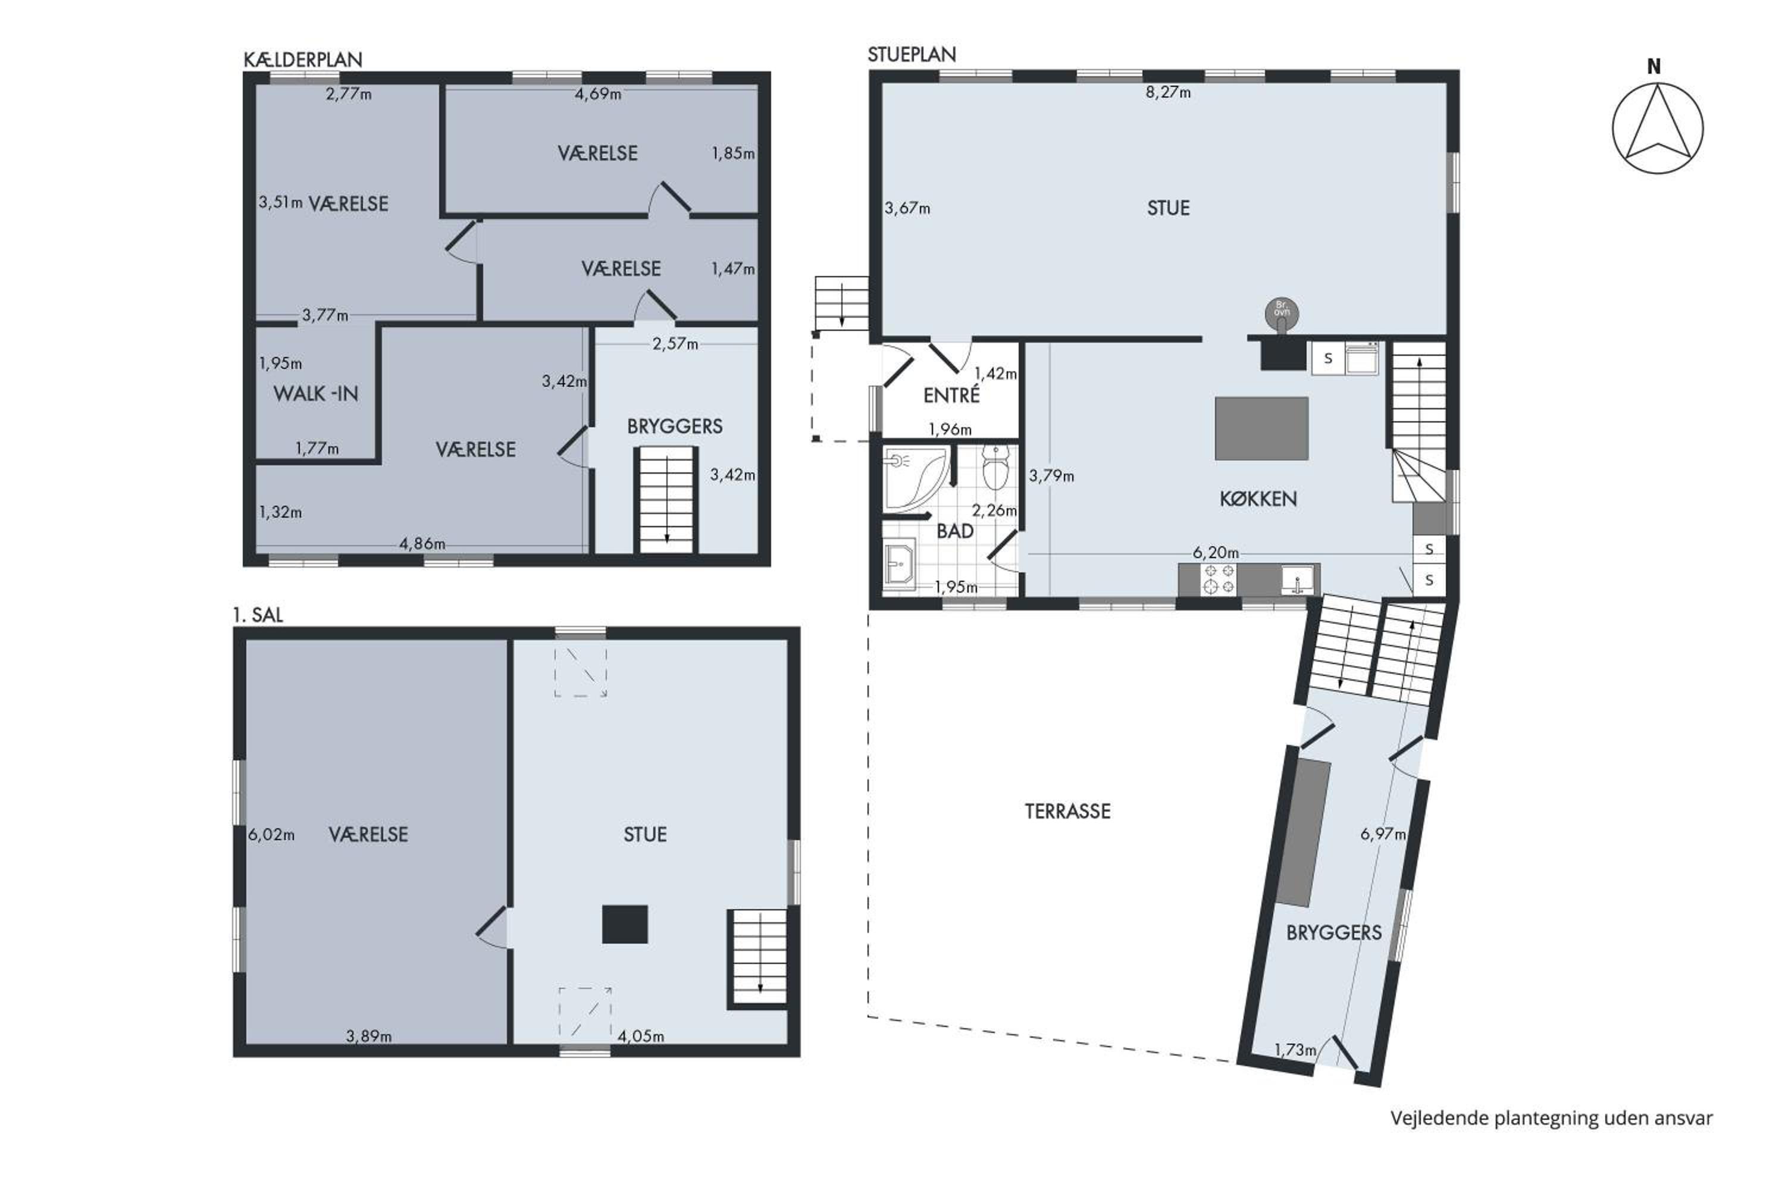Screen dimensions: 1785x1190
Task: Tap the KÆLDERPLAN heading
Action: coord(303,59)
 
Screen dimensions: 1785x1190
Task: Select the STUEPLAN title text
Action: coord(912,55)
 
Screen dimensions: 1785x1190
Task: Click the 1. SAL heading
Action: coord(258,615)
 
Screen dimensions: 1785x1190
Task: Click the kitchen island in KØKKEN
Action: coord(1261,428)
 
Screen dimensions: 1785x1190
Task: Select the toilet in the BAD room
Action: coord(995,466)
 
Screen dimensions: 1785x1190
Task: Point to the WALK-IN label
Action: coord(316,394)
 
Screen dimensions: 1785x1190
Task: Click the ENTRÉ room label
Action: coord(951,394)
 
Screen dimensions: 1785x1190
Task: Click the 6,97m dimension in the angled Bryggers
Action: coord(1383,834)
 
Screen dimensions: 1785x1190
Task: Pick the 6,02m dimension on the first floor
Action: coord(271,835)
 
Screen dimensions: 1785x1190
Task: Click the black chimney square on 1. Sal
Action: coord(625,925)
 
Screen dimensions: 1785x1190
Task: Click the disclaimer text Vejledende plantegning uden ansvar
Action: coord(1551,1118)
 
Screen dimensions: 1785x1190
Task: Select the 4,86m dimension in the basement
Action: coord(422,544)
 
